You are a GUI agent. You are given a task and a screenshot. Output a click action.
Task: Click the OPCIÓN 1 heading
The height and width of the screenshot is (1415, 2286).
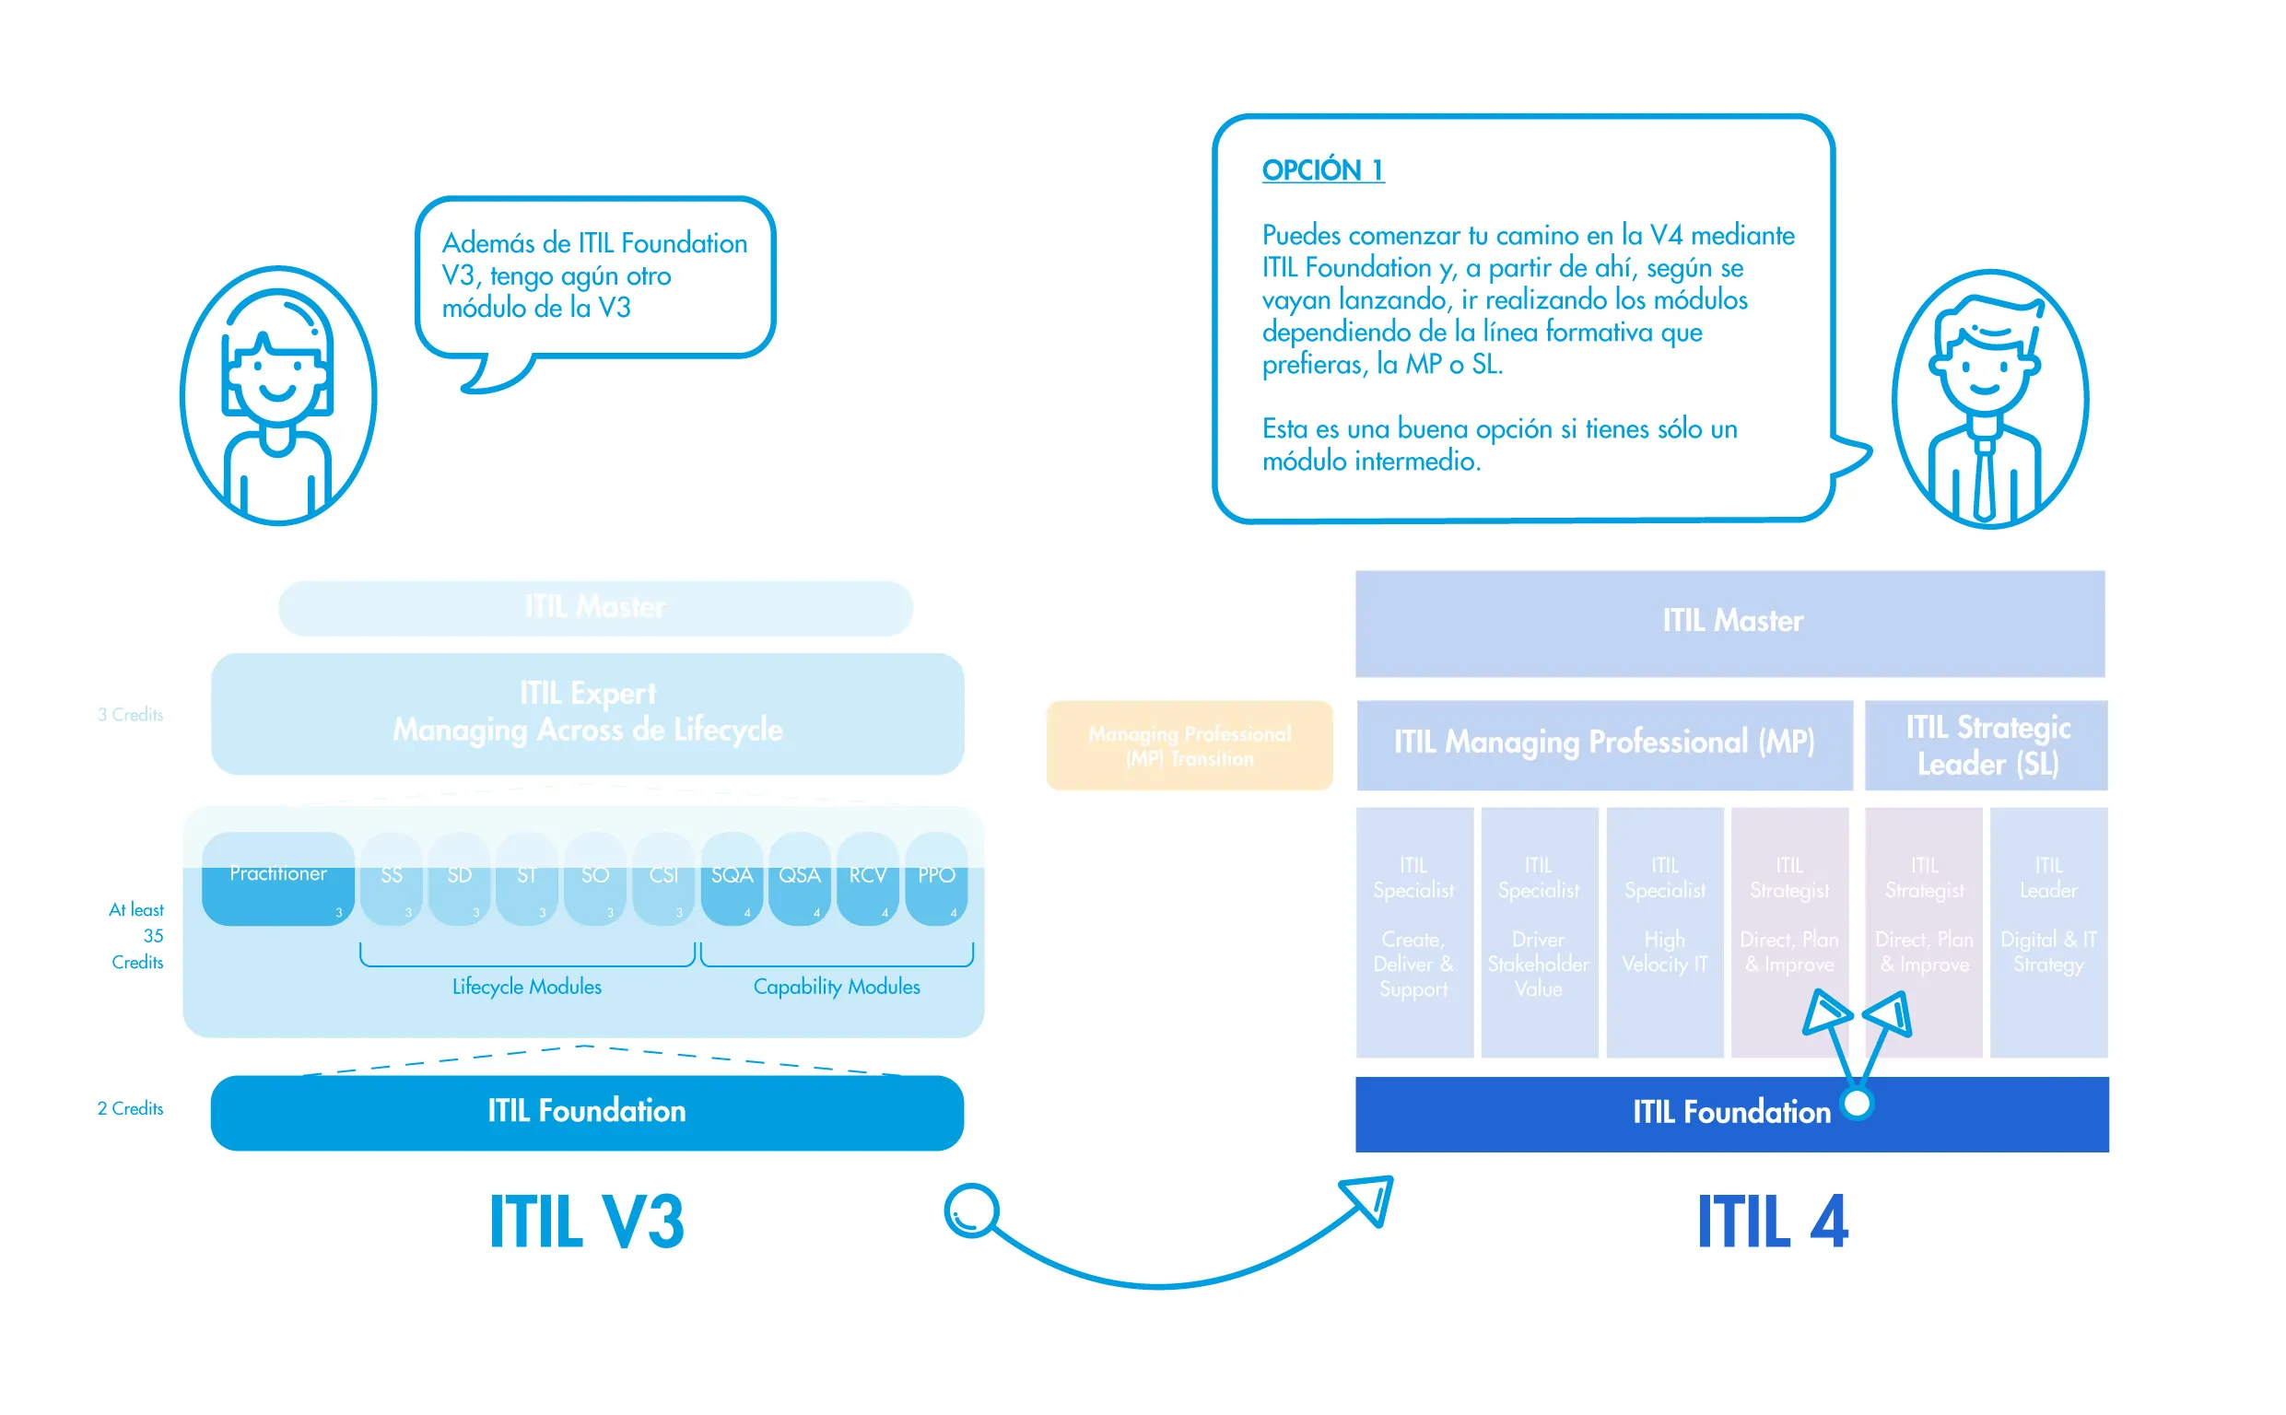(x=1322, y=170)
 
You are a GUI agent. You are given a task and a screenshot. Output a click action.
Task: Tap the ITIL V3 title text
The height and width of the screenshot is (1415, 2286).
(x=587, y=1222)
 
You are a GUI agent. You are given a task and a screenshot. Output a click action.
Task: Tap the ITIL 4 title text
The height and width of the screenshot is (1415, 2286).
(x=1771, y=1222)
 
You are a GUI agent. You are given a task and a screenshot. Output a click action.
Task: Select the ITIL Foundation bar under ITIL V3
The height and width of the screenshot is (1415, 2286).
(x=587, y=1112)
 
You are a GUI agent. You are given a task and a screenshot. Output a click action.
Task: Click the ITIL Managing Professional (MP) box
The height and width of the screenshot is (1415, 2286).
(x=1604, y=744)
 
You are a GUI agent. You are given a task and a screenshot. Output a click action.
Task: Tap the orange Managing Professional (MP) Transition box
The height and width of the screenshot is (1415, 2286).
(x=1189, y=745)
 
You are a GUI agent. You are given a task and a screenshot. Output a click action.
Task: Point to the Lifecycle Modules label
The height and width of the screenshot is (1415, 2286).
(x=527, y=987)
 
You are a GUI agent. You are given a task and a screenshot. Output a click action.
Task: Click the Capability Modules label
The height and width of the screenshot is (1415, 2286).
(x=836, y=987)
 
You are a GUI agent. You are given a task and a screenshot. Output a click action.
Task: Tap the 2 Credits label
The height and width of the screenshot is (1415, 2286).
(x=130, y=1108)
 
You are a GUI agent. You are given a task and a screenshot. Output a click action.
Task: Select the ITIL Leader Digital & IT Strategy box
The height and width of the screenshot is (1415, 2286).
(x=2047, y=931)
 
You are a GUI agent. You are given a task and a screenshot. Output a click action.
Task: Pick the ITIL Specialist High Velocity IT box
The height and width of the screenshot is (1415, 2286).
(x=1664, y=931)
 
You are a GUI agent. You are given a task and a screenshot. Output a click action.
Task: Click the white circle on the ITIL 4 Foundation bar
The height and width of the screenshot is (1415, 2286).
(x=1857, y=1104)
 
